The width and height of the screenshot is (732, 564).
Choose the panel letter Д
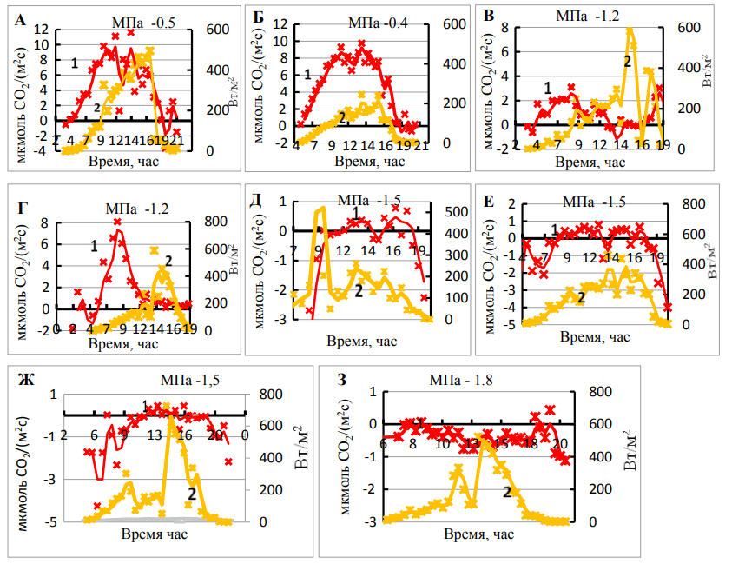click(x=256, y=199)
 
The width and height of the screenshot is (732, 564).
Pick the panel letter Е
click(x=489, y=200)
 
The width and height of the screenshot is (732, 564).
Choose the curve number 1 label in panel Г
click(x=94, y=246)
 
